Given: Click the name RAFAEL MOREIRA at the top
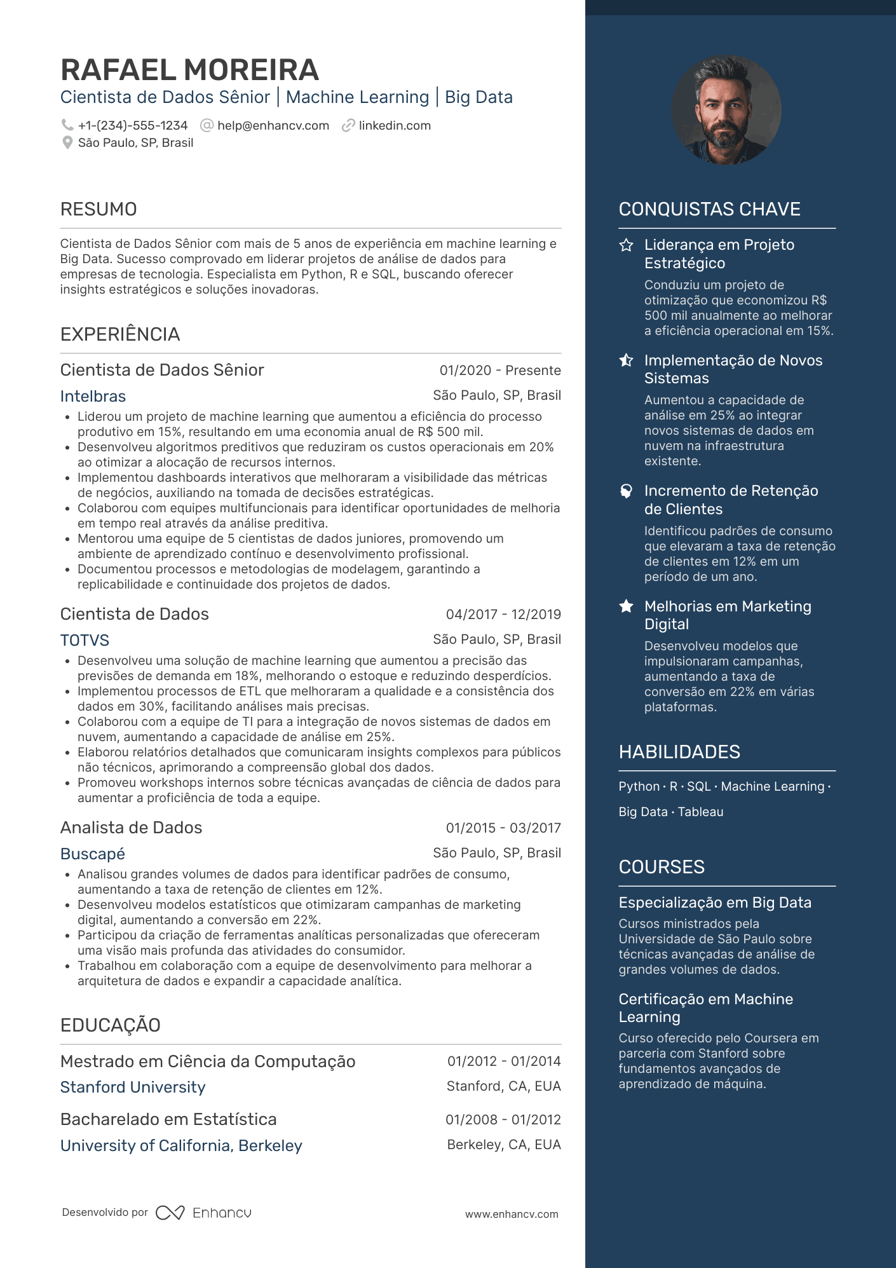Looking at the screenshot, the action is pyautogui.click(x=189, y=70).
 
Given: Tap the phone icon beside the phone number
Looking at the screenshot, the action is pyautogui.click(x=67, y=125).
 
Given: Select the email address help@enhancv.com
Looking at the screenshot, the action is pyautogui.click(x=273, y=126).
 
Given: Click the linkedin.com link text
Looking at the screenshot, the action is pyautogui.click(x=395, y=126).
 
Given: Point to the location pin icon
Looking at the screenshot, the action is pyautogui.click(x=67, y=143).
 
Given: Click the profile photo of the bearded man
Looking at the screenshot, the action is pyautogui.click(x=726, y=110).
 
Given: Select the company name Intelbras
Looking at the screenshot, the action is pyautogui.click(x=93, y=397).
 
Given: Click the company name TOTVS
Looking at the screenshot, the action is pyautogui.click(x=85, y=641).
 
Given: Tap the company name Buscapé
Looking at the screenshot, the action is pyautogui.click(x=92, y=854).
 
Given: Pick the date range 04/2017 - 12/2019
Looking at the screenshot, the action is pyautogui.click(x=503, y=615).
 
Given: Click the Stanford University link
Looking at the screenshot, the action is pyautogui.click(x=133, y=1087).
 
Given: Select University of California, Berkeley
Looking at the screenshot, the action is pyautogui.click(x=181, y=1146).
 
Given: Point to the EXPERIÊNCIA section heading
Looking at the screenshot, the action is pyautogui.click(x=120, y=334).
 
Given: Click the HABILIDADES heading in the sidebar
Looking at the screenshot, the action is pyautogui.click(x=679, y=752).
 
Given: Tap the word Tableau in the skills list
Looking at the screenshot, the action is pyautogui.click(x=700, y=812).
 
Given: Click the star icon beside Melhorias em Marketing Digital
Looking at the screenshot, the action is pyautogui.click(x=627, y=606).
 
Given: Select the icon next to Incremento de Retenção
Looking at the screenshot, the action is pyautogui.click(x=627, y=491).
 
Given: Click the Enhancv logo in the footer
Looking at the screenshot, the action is pyautogui.click(x=203, y=1213).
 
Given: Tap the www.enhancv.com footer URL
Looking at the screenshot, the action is pyautogui.click(x=512, y=1215).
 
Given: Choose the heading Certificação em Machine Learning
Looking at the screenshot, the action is pyautogui.click(x=705, y=1008).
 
